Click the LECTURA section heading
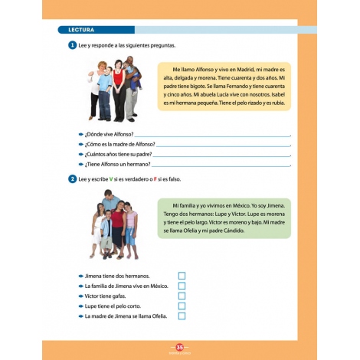[x=81, y=30]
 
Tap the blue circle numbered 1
[x=71, y=46]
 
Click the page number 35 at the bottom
[x=180, y=347]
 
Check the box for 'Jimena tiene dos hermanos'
[x=182, y=276]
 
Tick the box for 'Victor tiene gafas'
[x=182, y=296]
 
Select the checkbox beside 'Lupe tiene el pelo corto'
[x=182, y=306]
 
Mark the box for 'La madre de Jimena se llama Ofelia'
[x=182, y=316]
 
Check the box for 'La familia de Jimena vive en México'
[x=182, y=286]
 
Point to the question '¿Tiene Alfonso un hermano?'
[x=118, y=164]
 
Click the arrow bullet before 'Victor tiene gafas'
[x=80, y=296]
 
